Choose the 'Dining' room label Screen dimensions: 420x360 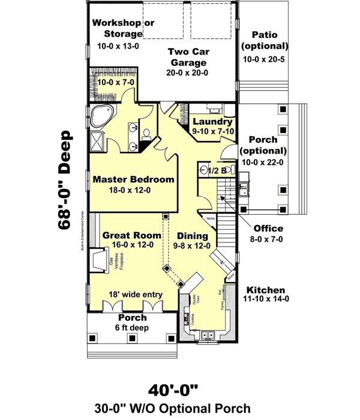(x=193, y=236)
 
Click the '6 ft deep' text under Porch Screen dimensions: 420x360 (x=132, y=328)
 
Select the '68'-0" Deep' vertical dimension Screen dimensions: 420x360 (x=65, y=179)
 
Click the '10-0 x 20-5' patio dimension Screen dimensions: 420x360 (x=265, y=59)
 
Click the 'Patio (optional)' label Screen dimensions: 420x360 (x=265, y=40)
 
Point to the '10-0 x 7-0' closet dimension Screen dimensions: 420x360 (x=115, y=81)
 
